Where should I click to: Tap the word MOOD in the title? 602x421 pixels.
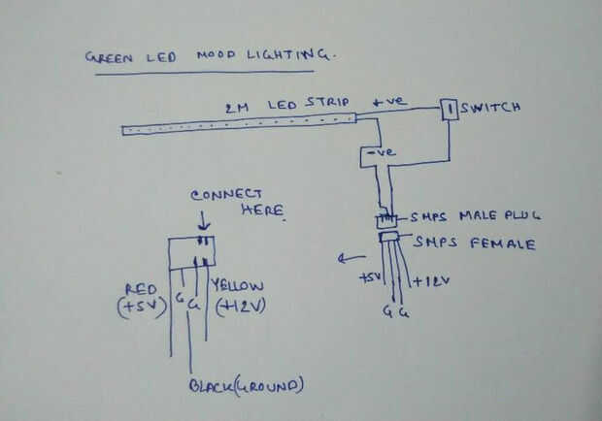[217, 55]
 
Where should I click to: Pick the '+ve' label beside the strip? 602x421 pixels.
[390, 101]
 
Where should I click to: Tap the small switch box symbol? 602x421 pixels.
[451, 110]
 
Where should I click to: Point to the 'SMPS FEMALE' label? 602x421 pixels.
[475, 243]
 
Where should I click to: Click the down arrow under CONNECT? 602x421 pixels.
[203, 223]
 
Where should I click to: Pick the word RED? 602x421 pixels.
[142, 288]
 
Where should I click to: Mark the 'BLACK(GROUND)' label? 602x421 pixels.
[245, 386]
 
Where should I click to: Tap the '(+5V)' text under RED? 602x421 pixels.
[140, 308]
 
